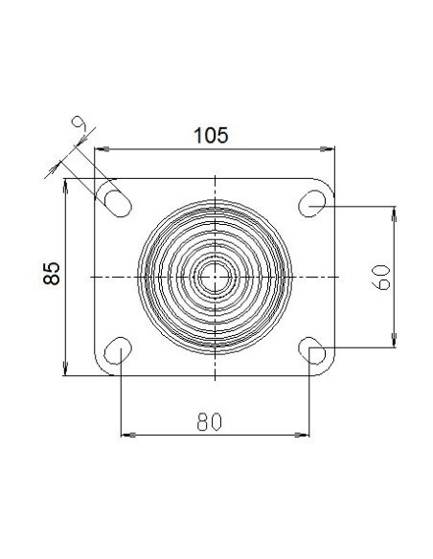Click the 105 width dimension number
211,136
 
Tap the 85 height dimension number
52,274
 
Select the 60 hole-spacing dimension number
381,278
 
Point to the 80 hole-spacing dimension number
210,421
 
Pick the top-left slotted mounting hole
119,204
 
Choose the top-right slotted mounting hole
312,204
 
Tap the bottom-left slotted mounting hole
118,350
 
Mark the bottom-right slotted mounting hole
312,350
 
